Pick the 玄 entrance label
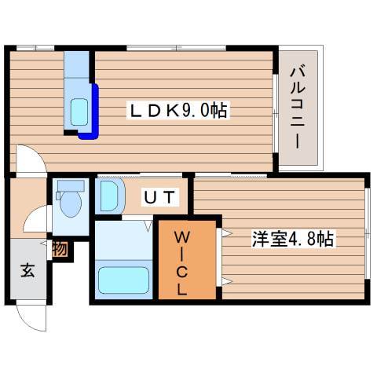click(27, 271)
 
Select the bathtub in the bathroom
click(123, 280)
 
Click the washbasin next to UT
click(108, 196)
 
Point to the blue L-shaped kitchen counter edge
click(93, 114)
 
